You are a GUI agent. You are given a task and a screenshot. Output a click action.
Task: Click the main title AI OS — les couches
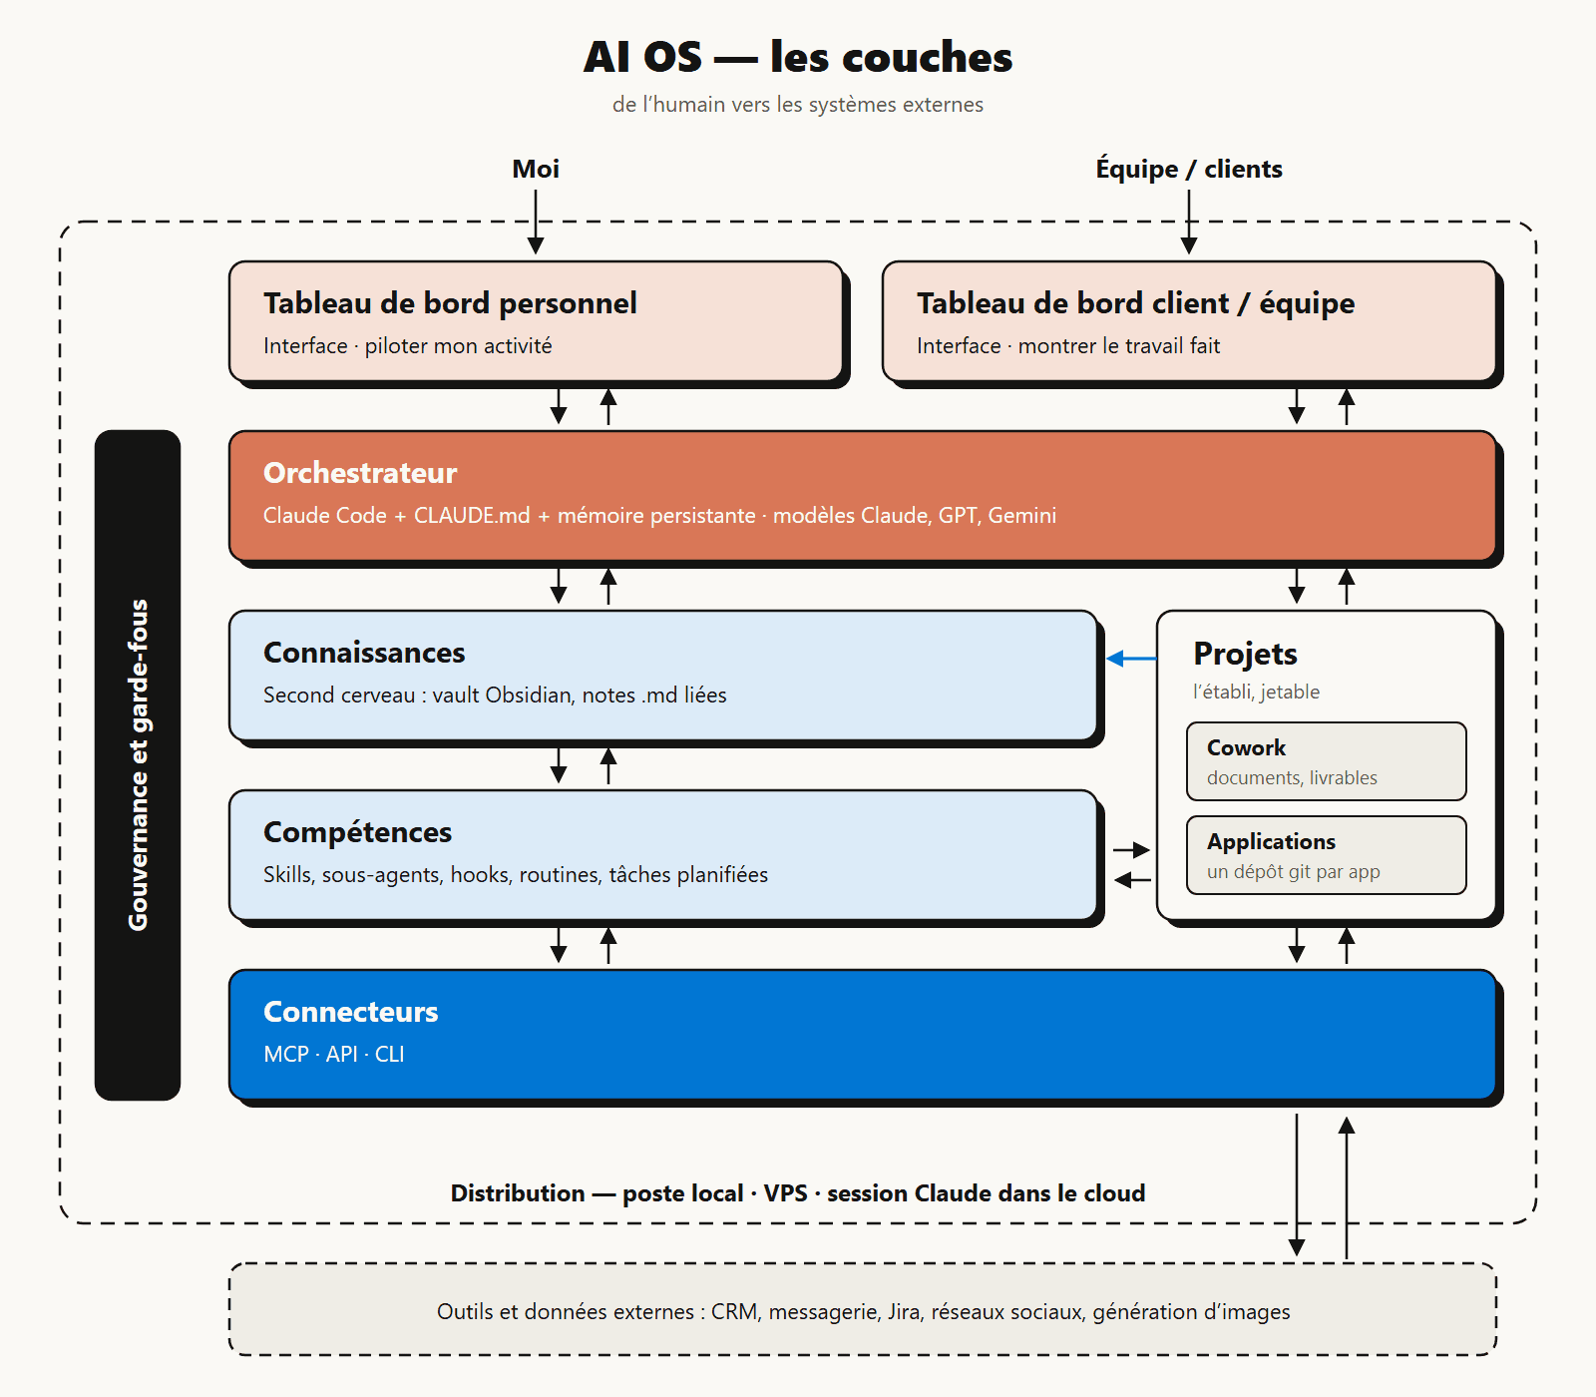coord(798,57)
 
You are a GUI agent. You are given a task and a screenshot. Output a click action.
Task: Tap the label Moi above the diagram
coord(536,169)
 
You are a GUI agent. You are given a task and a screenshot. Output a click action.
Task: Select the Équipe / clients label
coord(1189,169)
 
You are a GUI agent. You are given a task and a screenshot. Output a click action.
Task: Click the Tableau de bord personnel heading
coord(450,303)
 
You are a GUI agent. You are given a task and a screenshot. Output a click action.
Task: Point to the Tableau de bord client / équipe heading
coord(1135,303)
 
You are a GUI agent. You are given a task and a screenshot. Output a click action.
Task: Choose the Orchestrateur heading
coord(360,473)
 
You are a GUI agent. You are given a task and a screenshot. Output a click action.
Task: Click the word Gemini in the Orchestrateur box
coord(1022,516)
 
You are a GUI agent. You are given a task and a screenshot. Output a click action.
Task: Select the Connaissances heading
coord(364,653)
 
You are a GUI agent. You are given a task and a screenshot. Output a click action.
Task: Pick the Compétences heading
coord(357,832)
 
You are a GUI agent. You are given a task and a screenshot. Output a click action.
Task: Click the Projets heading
coord(1245,654)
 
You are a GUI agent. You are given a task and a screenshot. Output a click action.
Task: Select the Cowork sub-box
coord(1327,761)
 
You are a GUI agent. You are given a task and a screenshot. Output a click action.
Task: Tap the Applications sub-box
coord(1327,855)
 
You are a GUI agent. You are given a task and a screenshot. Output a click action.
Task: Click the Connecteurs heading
coord(351,1012)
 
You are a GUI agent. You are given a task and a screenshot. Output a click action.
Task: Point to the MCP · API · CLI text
coord(334,1055)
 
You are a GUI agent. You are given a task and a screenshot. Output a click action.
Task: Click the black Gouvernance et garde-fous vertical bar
coord(138,765)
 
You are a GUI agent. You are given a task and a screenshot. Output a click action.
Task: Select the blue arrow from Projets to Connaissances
coord(1132,659)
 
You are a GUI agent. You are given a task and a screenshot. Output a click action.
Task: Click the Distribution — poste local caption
coord(798,1193)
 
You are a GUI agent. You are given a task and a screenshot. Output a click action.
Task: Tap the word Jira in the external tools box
coord(904,1312)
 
